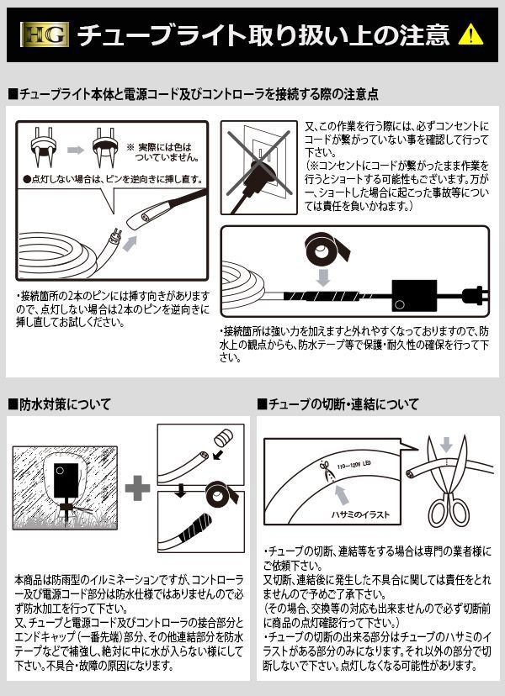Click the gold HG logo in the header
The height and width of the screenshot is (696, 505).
pyautogui.click(x=41, y=34)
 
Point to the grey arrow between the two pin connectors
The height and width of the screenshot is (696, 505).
pyautogui.click(x=75, y=150)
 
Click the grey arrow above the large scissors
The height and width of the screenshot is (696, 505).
pyautogui.click(x=447, y=444)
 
